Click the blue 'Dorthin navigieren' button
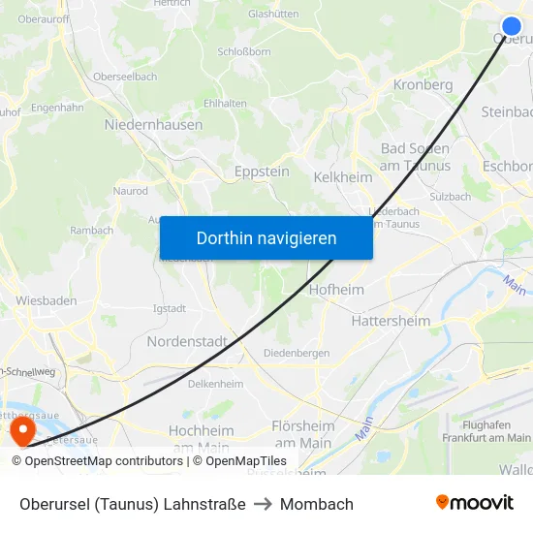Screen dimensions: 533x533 pos(266,237)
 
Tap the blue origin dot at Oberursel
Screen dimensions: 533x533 pos(512,26)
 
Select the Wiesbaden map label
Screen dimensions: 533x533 pos(46,300)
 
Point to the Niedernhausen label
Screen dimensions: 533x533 pos(153,125)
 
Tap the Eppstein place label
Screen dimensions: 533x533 pos(262,172)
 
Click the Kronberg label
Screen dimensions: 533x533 pos(423,85)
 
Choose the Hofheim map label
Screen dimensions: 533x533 pos(336,290)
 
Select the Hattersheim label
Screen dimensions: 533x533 pos(391,321)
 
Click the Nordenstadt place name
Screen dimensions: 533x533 pos(187,342)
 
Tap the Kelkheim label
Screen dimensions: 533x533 pos(343,178)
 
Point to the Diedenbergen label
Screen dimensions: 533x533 pos(297,354)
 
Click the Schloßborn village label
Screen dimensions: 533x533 pos(244,52)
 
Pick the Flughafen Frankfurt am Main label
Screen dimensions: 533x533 pos(496,431)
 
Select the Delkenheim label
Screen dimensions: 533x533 pos(215,385)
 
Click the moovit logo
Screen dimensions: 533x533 pos(475,503)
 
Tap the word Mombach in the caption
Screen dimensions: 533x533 pos(317,504)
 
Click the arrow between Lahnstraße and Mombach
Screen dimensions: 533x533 pos(263,504)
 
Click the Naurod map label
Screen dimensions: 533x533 pos(131,192)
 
